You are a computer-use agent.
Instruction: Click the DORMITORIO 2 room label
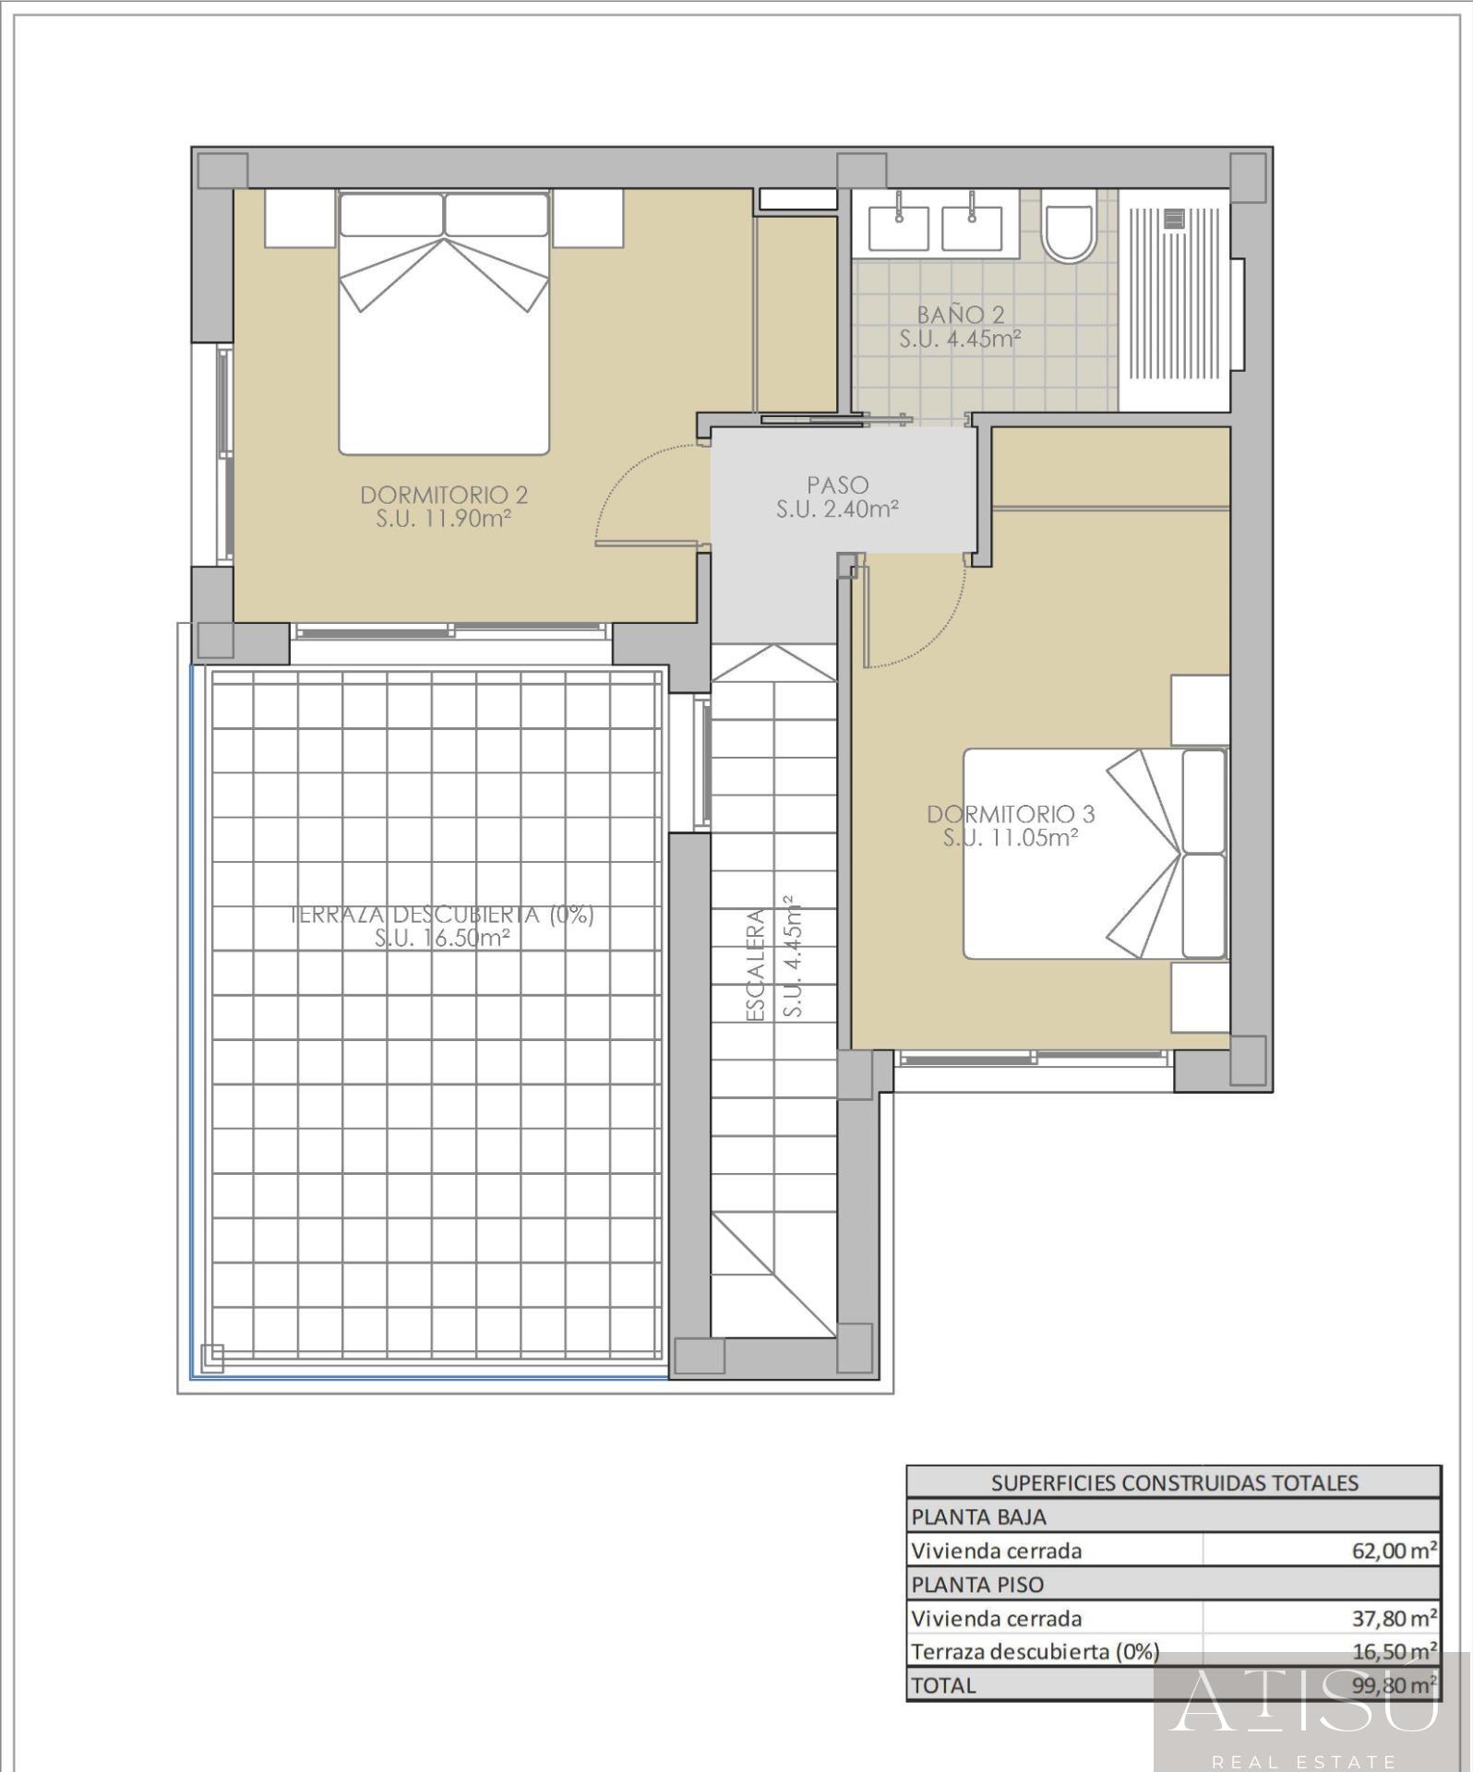[443, 496]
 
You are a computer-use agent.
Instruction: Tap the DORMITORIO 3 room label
[1011, 814]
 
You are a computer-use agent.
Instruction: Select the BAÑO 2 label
[960, 316]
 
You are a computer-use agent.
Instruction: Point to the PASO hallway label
[837, 485]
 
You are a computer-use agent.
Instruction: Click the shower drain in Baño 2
[1174, 219]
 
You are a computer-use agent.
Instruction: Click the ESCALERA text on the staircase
[756, 964]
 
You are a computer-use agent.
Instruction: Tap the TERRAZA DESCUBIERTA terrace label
[442, 915]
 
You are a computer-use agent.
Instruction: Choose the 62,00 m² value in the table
[1393, 1550]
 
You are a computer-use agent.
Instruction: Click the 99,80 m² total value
[1393, 1685]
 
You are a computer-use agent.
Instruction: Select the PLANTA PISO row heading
[977, 1585]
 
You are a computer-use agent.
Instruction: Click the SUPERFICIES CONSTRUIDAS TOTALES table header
[1174, 1482]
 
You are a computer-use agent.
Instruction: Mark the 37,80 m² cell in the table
[1393, 1618]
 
